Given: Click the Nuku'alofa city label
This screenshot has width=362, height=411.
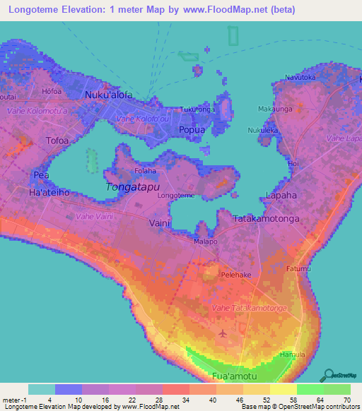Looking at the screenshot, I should [x=108, y=95].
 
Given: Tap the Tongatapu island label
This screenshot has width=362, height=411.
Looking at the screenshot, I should [x=131, y=187].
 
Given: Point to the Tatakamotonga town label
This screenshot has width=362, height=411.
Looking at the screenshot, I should [x=267, y=219].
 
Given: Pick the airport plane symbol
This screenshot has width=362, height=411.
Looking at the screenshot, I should [x=223, y=333].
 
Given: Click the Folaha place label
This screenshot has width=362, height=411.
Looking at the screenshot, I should [x=146, y=172].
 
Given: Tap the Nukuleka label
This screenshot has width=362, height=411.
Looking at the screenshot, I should [x=263, y=131].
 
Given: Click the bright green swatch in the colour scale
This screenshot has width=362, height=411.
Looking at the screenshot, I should [x=310, y=389].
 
